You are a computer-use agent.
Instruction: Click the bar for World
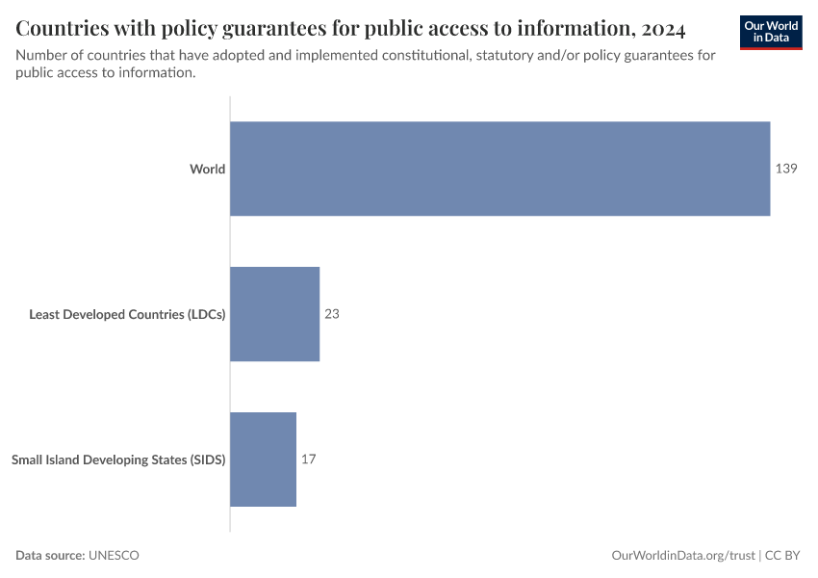[x=499, y=169]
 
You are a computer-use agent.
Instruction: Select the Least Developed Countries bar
[x=274, y=314]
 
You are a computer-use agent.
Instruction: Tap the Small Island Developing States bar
[x=263, y=460]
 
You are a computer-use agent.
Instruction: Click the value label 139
[x=786, y=169]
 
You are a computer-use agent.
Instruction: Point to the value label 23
[x=332, y=314]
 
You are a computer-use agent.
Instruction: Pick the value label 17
[x=308, y=460]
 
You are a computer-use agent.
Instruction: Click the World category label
[x=207, y=170]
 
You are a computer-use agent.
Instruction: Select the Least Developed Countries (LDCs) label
[x=127, y=314]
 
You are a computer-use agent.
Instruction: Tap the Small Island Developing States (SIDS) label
[x=118, y=460]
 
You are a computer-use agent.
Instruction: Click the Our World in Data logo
[x=771, y=32]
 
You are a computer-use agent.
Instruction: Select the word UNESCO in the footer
[x=114, y=556]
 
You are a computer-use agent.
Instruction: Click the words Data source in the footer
[x=50, y=556]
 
